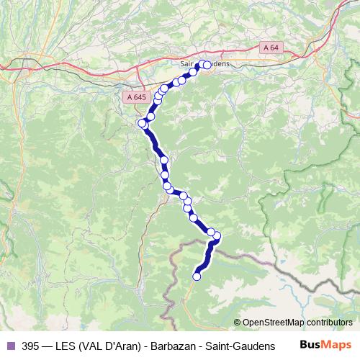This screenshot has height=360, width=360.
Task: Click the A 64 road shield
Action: (x=270, y=48)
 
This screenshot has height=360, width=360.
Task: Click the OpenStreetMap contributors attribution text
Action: (x=297, y=322)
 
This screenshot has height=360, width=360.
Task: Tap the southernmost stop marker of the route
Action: (x=197, y=275)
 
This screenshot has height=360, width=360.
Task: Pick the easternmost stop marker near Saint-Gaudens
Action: (x=207, y=65)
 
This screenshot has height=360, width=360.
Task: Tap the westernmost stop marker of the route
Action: (x=142, y=123)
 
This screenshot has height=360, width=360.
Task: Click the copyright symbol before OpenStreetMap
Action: (x=238, y=322)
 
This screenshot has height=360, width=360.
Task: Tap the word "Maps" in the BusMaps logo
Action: (x=338, y=346)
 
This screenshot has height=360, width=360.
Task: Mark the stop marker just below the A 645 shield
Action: (x=151, y=116)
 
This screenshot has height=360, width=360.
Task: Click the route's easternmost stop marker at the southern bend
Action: (x=216, y=236)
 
